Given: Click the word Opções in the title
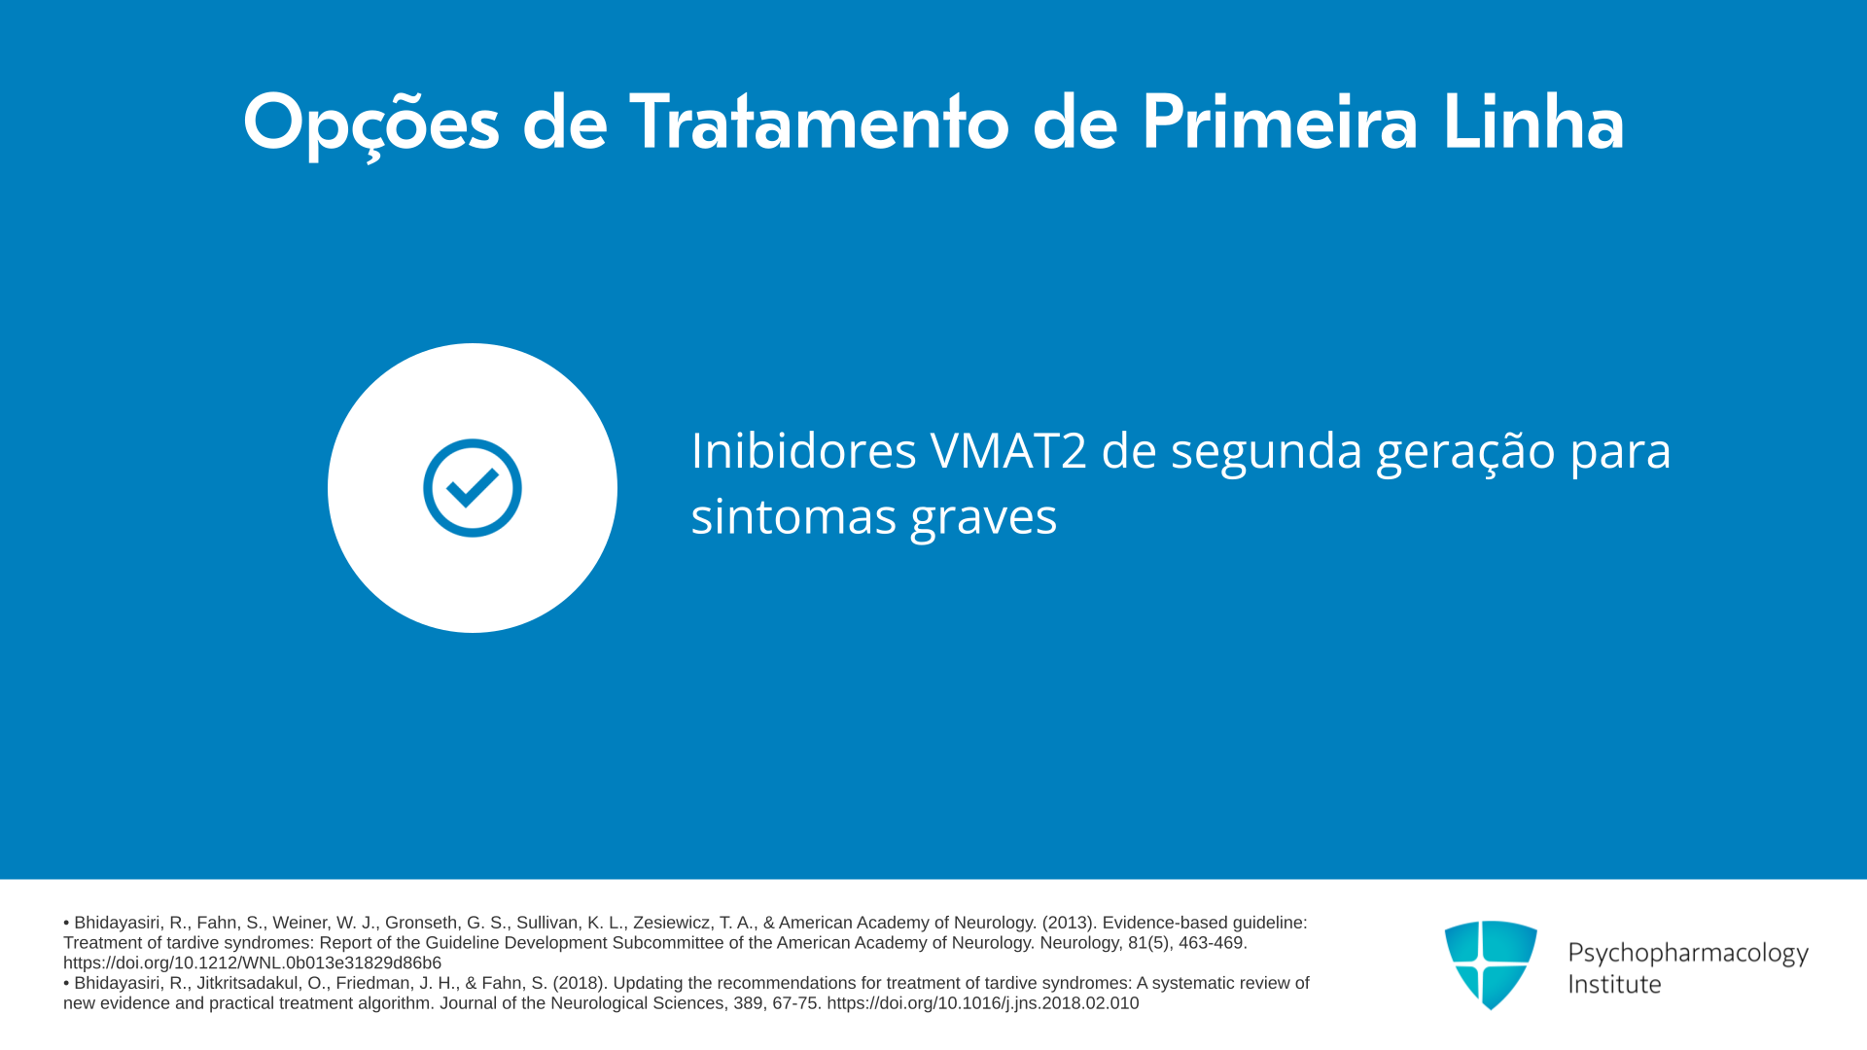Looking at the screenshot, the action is coord(371,124).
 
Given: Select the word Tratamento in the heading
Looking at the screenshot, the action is coord(820,122).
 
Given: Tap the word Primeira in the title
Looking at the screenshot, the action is coord(1280,122).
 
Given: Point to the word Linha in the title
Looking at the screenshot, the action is coord(1533,122).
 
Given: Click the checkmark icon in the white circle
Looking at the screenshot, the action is coord(473,488).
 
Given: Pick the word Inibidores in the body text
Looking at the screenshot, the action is coord(804,450).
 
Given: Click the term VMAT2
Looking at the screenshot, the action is coord(1008,451).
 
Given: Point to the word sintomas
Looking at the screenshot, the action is coord(793,515).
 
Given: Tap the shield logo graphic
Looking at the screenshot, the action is coord(1491,964).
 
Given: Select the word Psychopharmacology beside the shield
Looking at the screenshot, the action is coord(1688,953).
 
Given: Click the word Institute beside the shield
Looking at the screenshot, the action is coord(1614,984).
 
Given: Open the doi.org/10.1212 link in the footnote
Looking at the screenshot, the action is coord(252,962).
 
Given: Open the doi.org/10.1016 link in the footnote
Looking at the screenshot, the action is coord(983,1002).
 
